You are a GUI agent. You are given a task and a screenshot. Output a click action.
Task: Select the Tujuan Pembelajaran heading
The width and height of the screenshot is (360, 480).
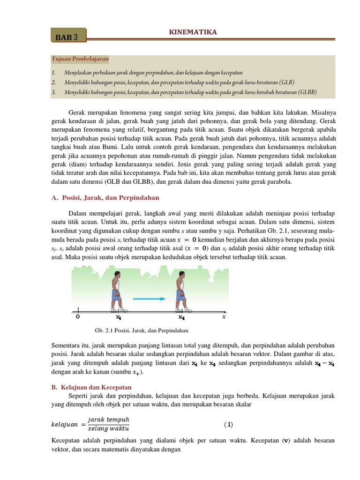(x=80, y=59)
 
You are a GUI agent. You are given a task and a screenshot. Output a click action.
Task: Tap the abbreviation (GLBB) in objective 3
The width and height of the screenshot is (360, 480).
(x=307, y=92)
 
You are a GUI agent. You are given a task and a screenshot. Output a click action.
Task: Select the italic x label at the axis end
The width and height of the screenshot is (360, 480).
(x=224, y=317)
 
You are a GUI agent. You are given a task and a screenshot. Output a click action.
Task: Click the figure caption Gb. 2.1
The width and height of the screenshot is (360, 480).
(x=141, y=330)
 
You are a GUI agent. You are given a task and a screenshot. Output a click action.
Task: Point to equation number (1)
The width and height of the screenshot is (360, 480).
(x=228, y=425)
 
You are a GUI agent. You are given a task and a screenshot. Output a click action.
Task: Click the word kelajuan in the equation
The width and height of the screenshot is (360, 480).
(x=64, y=425)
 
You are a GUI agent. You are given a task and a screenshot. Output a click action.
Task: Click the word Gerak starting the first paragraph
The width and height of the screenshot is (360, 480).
(x=78, y=113)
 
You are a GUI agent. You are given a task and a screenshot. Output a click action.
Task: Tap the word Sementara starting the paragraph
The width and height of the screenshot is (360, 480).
(x=67, y=346)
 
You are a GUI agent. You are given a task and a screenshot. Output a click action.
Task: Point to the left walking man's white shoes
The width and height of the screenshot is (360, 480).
(x=121, y=310)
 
